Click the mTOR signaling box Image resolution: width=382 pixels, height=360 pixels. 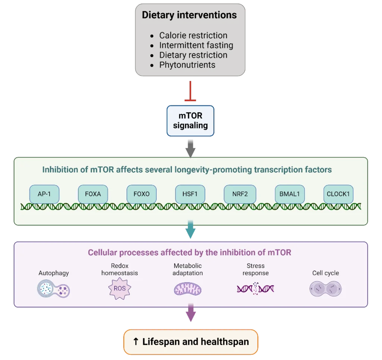coord(190,120)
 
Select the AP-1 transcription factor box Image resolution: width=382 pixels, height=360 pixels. coord(44,194)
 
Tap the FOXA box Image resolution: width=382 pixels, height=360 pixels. coord(93,194)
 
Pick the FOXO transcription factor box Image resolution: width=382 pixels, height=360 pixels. coord(141,194)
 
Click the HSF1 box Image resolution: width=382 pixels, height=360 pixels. coord(190,194)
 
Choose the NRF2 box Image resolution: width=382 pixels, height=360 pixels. coord(239,194)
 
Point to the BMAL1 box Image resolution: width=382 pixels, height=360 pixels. coord(289,194)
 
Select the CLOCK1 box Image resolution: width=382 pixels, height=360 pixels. coord(338,194)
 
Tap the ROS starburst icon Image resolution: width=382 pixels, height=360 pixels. coord(117,288)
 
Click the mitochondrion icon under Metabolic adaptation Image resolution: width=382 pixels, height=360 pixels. coord(188,289)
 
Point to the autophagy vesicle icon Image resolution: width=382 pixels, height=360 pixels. coord(54,288)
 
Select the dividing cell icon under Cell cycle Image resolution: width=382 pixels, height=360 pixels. coord(325,288)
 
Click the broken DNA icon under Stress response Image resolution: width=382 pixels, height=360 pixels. coord(256,288)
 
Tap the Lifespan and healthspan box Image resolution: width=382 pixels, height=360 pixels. coord(191,342)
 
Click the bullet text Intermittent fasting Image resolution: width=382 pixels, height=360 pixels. coord(196,45)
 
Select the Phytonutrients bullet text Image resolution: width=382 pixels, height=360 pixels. coord(187,65)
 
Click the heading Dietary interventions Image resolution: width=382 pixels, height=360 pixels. coord(189,15)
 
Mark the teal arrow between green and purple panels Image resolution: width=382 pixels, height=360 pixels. coord(191,232)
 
